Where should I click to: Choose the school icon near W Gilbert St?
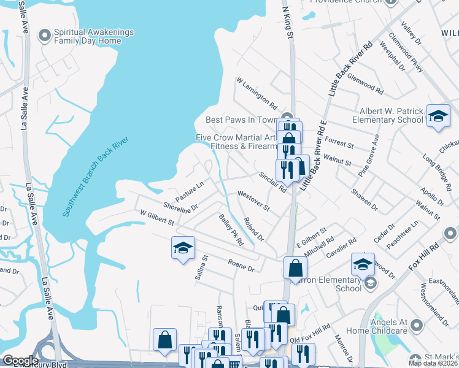point(183,248)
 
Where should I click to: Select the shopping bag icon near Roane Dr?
point(296,268)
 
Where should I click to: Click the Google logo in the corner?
point(20,361)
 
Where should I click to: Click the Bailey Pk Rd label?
point(231,230)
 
